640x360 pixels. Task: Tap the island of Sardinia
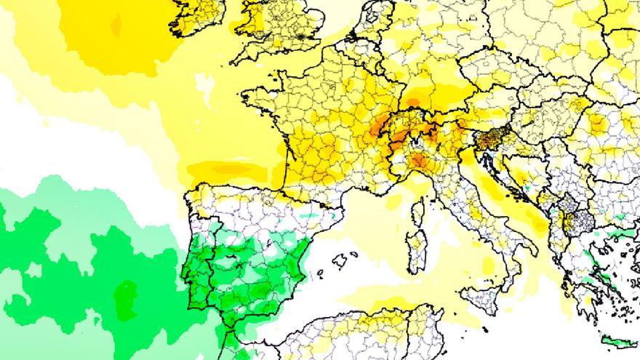coord(416,252)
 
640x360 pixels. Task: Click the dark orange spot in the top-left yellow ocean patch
coord(116,25)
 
